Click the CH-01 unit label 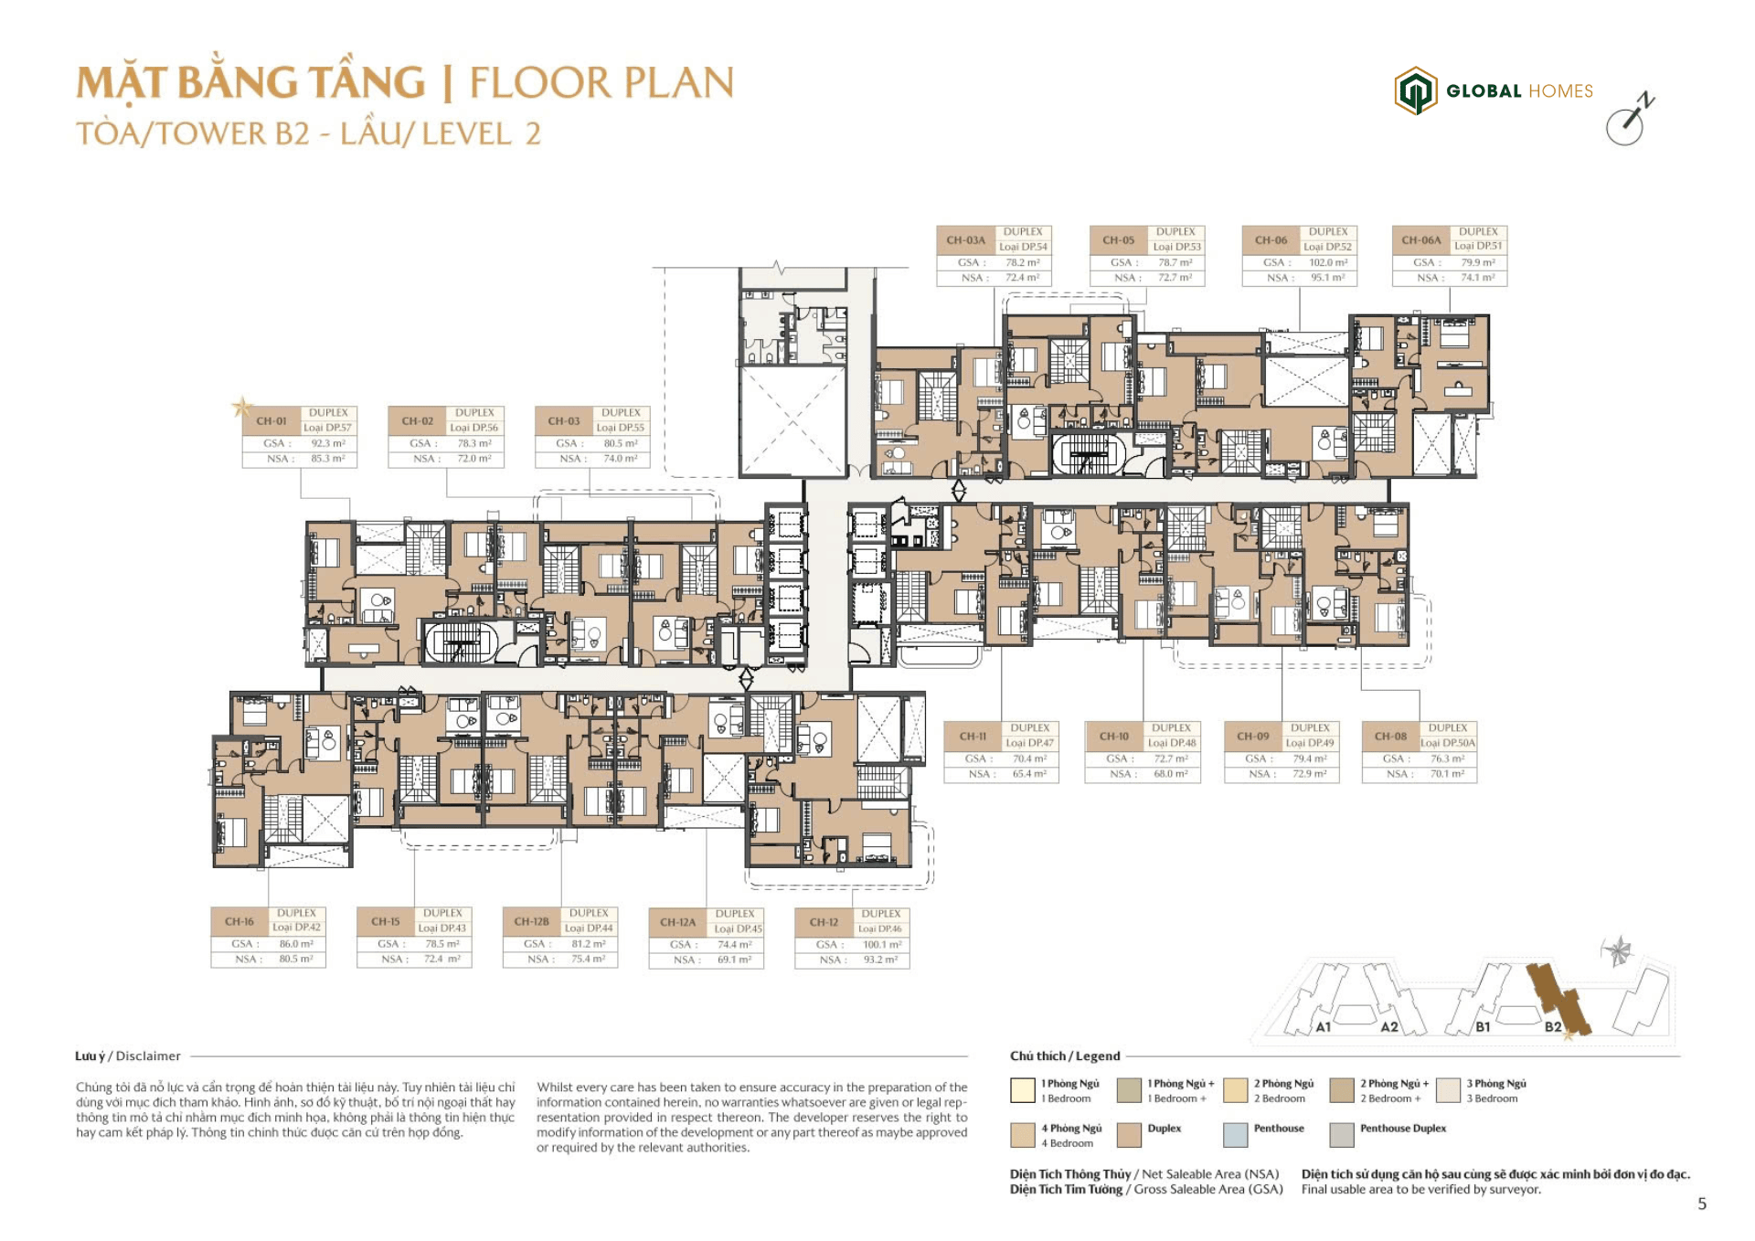click(x=271, y=420)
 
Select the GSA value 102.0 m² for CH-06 click(x=1327, y=262)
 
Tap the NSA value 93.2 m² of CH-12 click(x=880, y=960)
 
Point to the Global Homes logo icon click(x=1415, y=90)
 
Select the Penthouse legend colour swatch click(x=1235, y=1134)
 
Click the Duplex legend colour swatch click(x=1129, y=1134)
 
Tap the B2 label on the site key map click(x=1553, y=1026)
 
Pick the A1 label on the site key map click(x=1323, y=1027)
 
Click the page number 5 click(x=1701, y=1204)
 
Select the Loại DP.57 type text click(x=327, y=428)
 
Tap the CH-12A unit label click(x=677, y=922)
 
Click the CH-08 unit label click(x=1390, y=736)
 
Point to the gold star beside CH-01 click(x=242, y=407)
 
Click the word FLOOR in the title click(x=539, y=83)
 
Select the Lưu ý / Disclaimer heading click(x=128, y=1055)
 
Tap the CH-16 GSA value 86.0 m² click(x=296, y=944)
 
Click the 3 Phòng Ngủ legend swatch click(x=1448, y=1090)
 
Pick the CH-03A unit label click(x=965, y=240)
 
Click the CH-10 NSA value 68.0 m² click(x=1170, y=774)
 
